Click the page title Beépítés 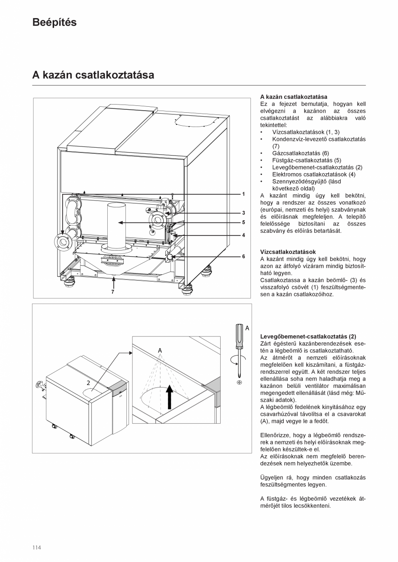(x=55, y=22)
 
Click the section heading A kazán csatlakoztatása (x=93, y=75)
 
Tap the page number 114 (x=36, y=547)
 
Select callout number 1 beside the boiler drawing (x=244, y=194)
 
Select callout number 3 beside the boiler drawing (x=244, y=213)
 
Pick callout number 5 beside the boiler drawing (x=244, y=222)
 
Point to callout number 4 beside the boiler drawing (x=244, y=235)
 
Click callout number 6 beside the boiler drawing (x=244, y=256)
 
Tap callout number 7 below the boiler (x=113, y=292)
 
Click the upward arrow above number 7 (x=113, y=283)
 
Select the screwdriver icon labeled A (x=238, y=341)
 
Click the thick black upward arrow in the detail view (x=169, y=396)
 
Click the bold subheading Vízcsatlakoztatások (x=288, y=252)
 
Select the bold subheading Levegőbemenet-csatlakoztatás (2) (x=308, y=337)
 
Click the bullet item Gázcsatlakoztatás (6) (x=300, y=153)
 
